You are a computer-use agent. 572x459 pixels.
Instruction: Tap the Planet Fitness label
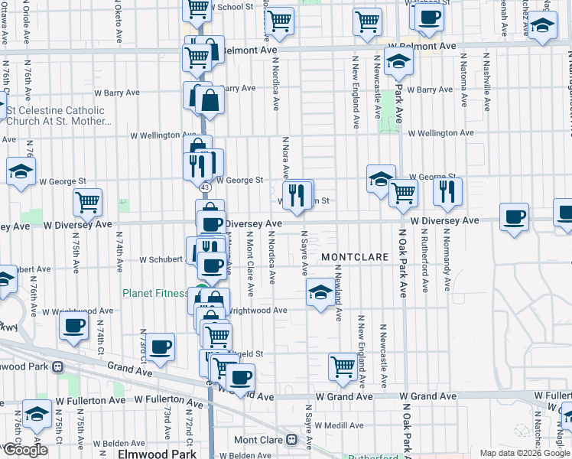point(156,293)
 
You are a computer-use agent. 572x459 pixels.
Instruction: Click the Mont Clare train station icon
point(291,440)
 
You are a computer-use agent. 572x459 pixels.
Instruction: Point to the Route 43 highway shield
point(204,187)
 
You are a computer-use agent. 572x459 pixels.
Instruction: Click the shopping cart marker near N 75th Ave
point(88,202)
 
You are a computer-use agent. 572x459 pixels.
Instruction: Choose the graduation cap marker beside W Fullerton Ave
point(36,413)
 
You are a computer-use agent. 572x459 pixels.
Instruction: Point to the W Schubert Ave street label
point(162,259)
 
